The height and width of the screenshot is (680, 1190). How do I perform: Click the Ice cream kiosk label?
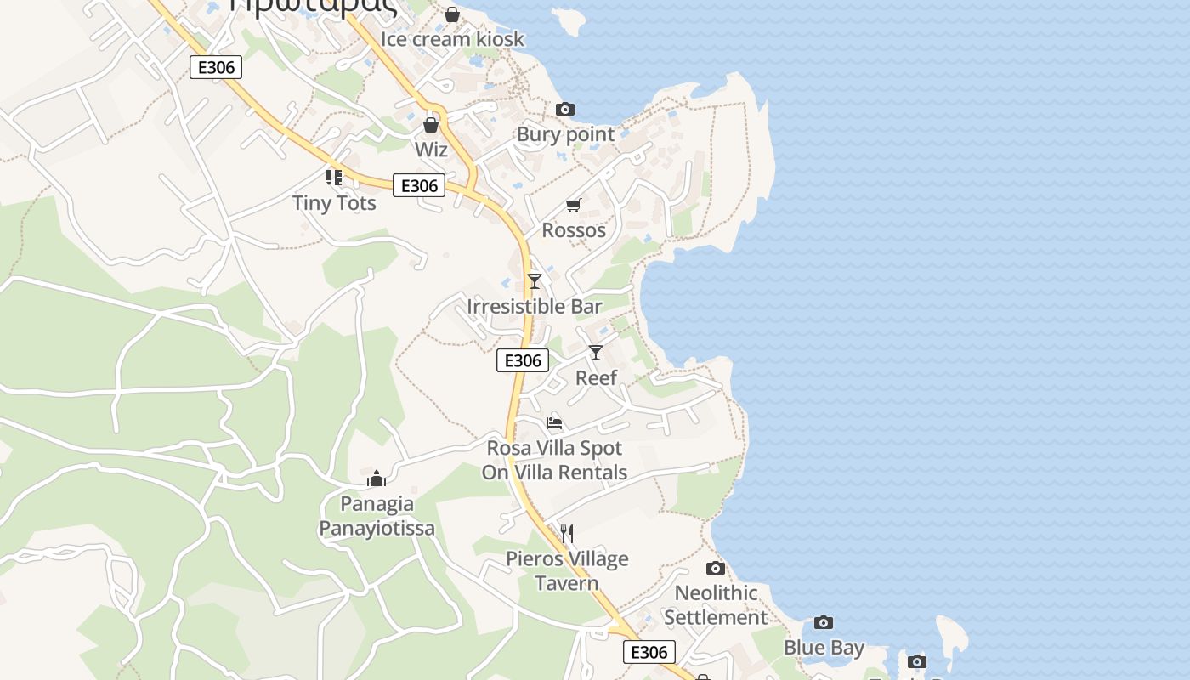pos(452,39)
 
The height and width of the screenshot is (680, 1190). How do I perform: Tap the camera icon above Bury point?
pos(565,110)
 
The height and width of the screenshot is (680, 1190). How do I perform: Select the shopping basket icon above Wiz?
pos(431,125)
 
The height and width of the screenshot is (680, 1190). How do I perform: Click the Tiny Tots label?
pos(334,203)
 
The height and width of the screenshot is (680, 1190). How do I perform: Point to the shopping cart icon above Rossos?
pos(574,206)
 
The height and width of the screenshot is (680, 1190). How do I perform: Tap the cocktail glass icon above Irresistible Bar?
pos(534,281)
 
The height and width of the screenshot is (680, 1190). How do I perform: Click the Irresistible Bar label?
pos(534,306)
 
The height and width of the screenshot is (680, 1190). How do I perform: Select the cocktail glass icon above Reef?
pos(596,353)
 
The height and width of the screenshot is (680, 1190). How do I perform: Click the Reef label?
pos(596,377)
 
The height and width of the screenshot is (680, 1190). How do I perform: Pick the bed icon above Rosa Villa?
pos(554,422)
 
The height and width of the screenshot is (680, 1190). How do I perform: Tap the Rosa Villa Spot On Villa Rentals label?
pos(554,460)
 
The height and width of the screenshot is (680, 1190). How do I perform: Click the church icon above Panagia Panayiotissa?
pos(377,479)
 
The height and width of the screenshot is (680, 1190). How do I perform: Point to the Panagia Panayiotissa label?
pos(377,516)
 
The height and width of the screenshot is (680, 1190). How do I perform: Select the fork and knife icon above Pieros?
pos(567,534)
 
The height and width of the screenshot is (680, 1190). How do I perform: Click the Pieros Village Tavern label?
pos(567,570)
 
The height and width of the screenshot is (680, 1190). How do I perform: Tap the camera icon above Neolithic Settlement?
pos(716,568)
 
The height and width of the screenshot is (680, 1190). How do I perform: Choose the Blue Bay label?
pos(824,648)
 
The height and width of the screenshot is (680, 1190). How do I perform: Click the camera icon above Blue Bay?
pos(824,623)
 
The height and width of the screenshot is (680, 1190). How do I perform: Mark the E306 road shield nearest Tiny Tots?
pos(419,185)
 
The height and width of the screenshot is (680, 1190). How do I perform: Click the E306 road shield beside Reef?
pos(523,360)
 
